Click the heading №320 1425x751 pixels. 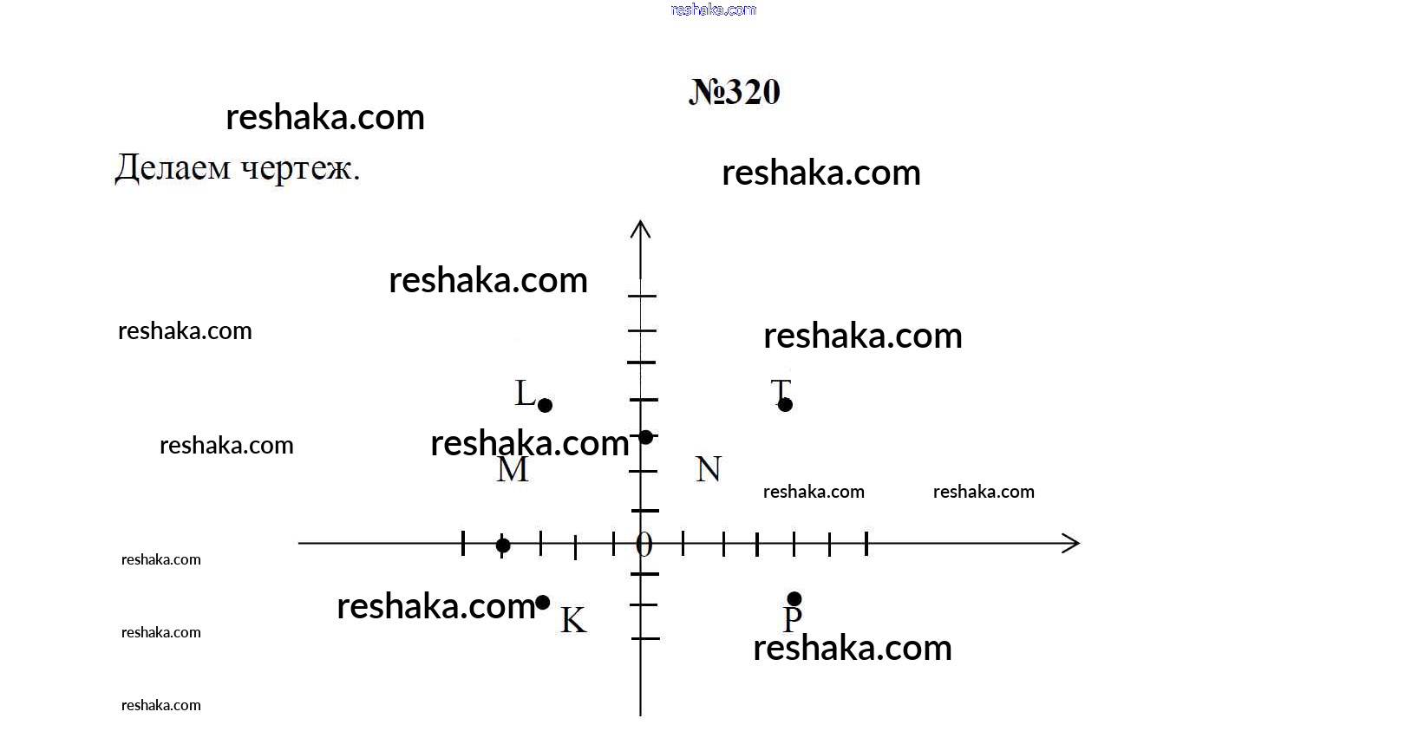point(734,92)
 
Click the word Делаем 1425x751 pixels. point(173,168)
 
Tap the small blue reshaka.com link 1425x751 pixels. point(713,10)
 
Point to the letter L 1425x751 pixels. point(525,393)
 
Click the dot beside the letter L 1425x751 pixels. point(545,405)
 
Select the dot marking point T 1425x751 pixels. point(785,404)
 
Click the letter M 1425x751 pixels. point(512,470)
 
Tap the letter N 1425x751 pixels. point(708,469)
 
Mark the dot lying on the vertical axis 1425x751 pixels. point(645,437)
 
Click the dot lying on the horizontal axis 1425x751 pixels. point(502,545)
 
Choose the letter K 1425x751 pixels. point(573,620)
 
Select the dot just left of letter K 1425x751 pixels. point(543,602)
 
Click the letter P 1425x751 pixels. point(792,619)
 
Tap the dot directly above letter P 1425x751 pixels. point(794,599)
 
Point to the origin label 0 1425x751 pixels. point(644,545)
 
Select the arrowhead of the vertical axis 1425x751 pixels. point(641,229)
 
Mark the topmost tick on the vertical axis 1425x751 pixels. point(642,297)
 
